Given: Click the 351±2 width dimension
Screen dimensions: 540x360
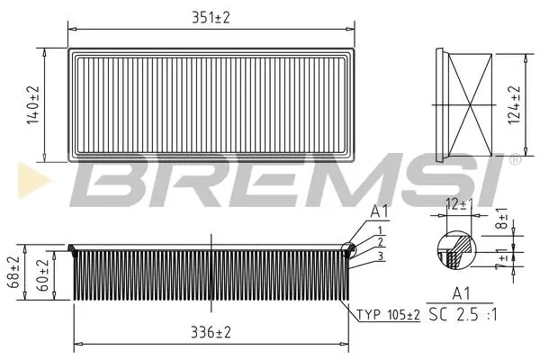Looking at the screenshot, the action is [211, 17].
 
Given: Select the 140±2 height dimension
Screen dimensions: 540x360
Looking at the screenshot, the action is [33, 104].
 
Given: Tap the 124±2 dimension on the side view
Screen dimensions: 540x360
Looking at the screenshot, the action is [513, 104].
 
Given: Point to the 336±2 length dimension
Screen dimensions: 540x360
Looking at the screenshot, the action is [211, 332].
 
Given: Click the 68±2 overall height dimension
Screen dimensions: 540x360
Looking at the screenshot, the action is [13, 272].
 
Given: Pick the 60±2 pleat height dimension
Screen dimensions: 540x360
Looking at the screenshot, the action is [43, 275].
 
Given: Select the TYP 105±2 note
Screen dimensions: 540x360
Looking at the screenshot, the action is [388, 314].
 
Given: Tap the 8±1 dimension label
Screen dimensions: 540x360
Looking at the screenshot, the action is [501, 219].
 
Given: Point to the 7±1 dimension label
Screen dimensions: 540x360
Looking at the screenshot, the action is [501, 259].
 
